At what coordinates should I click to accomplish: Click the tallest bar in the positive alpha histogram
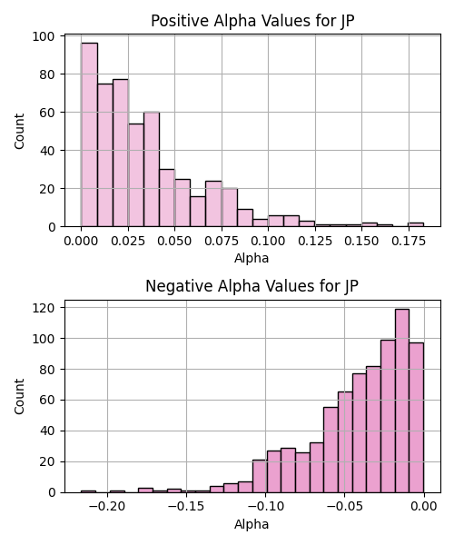(89, 134)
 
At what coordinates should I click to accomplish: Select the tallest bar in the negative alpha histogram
(402, 401)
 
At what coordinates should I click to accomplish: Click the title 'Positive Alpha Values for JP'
(252, 21)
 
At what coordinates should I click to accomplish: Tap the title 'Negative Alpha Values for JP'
(252, 286)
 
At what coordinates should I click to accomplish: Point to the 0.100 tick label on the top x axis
(268, 241)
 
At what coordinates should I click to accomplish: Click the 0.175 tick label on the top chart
(409, 241)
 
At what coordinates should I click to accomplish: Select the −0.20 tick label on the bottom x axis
(107, 507)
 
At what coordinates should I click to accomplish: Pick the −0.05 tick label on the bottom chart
(344, 507)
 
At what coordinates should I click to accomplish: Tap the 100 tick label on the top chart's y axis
(44, 36)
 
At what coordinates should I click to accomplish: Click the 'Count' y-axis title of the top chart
(19, 131)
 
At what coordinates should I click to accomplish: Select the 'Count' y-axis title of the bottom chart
(19, 396)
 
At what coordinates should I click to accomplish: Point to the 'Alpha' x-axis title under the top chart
(252, 258)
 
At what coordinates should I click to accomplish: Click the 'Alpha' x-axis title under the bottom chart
(252, 524)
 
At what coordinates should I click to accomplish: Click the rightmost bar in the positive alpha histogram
(416, 224)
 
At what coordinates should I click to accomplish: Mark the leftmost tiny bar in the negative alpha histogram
(88, 491)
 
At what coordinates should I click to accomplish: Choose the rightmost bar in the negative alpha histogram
(416, 418)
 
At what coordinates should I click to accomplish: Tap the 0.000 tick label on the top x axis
(81, 241)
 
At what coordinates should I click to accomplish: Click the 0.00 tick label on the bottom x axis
(424, 507)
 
